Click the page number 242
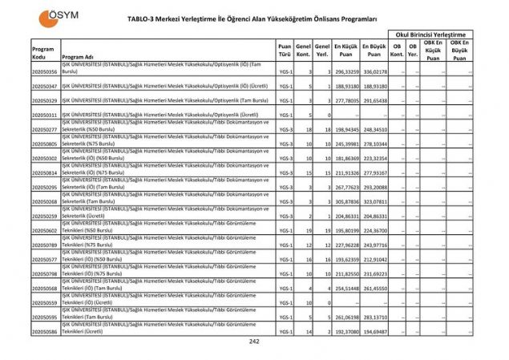(254, 341)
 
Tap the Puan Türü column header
(285, 50)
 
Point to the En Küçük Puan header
(346, 50)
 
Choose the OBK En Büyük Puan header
(459, 50)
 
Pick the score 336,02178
(374, 71)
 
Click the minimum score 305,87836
(345, 201)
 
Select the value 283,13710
(374, 317)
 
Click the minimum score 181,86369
(345, 158)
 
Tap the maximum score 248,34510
(374, 129)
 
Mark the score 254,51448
(345, 288)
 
